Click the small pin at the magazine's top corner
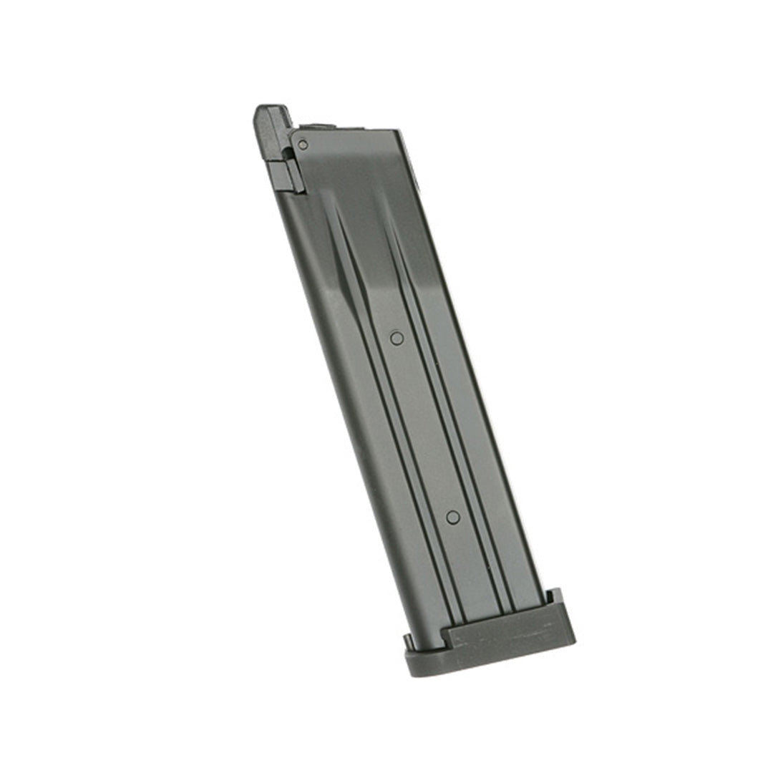[303, 145]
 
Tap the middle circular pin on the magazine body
[397, 338]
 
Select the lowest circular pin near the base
[452, 517]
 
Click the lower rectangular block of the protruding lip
[287, 175]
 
